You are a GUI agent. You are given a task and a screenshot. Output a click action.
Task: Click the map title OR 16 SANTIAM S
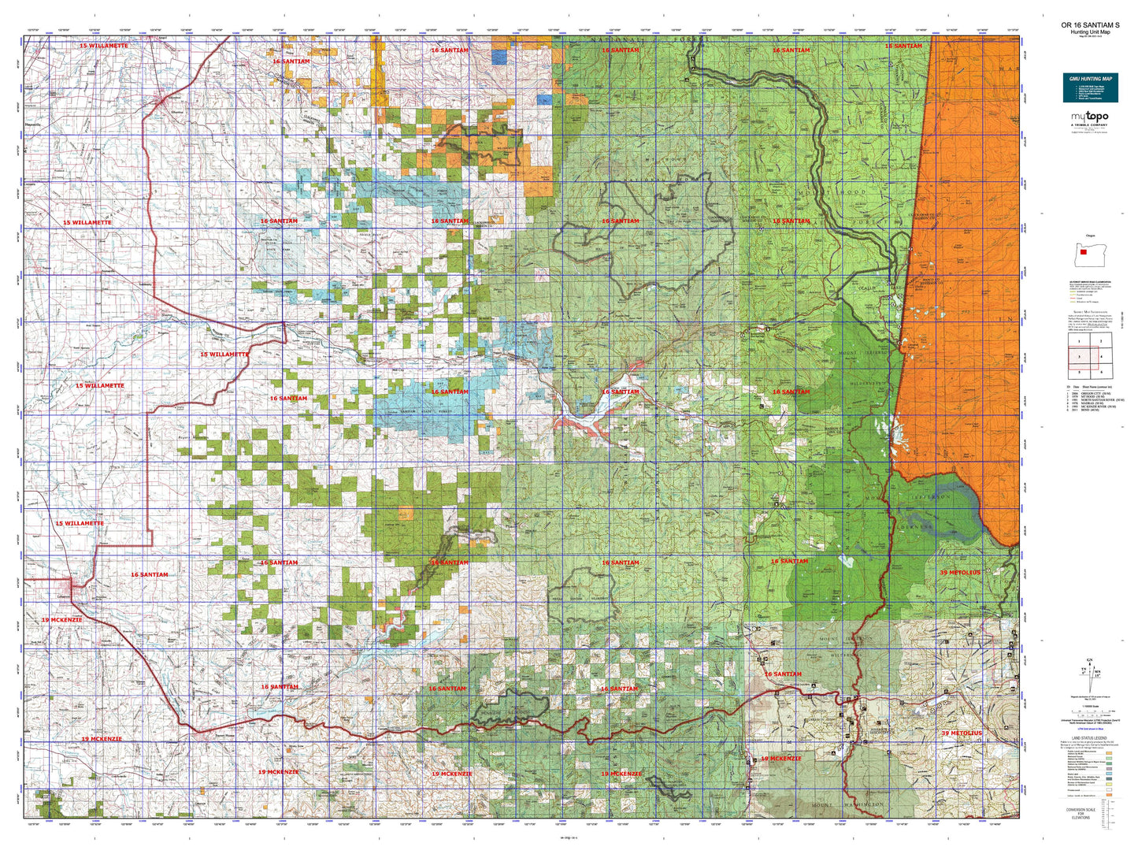click(1090, 25)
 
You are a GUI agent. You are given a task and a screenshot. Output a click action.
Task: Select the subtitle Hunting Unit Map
click(1090, 32)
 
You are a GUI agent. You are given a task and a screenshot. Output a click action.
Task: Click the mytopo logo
click(1089, 117)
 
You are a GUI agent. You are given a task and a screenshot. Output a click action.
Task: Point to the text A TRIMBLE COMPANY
click(1089, 125)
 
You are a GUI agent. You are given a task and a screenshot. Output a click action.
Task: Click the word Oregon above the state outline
click(1090, 235)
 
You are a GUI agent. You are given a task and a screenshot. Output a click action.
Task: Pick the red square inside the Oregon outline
click(1084, 253)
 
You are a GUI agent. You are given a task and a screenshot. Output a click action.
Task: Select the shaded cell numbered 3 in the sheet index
click(1079, 357)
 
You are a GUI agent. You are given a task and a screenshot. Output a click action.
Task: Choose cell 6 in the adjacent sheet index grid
click(1100, 372)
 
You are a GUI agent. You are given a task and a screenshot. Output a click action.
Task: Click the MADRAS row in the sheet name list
click(1091, 403)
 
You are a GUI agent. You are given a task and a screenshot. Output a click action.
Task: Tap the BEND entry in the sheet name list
click(1091, 410)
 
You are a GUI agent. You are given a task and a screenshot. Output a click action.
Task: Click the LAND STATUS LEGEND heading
click(1090, 738)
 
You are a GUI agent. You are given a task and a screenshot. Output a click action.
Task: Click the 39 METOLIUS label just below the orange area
click(960, 572)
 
